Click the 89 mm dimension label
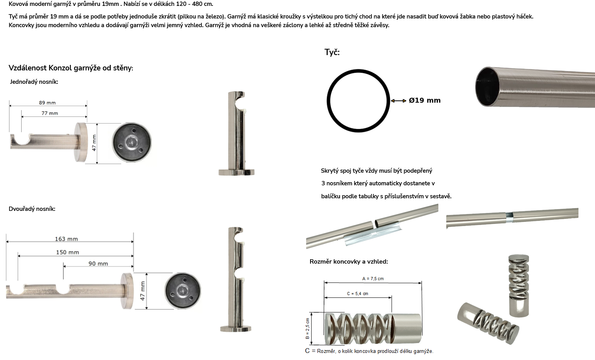point(47,103)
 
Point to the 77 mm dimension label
point(50,113)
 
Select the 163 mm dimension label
point(67,239)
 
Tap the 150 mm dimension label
point(67,252)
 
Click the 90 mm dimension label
point(98,264)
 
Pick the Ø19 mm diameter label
point(425,100)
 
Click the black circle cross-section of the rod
point(327,101)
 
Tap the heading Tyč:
point(332,52)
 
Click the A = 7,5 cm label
point(373,279)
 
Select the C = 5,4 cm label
point(358,294)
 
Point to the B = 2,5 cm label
point(307,329)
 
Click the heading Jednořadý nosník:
point(34,82)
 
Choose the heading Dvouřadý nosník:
point(32,209)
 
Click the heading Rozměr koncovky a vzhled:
point(349,262)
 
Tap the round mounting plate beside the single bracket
point(132,142)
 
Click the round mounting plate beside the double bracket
point(183,291)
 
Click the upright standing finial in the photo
point(519,286)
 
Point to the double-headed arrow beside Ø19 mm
point(398,101)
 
